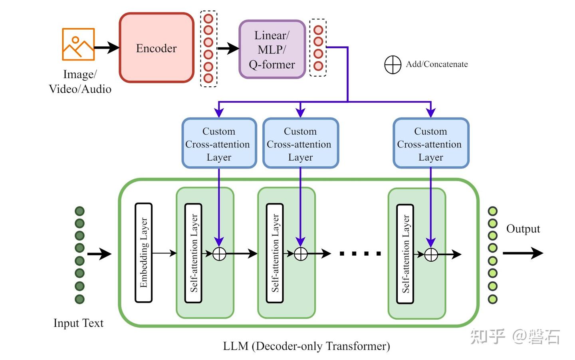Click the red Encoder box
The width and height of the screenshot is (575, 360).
(157, 48)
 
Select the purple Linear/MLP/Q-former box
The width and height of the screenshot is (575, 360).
(272, 50)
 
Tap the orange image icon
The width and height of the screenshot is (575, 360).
(78, 44)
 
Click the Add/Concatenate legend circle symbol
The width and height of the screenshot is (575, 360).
(393, 65)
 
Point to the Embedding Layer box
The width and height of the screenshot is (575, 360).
(144, 253)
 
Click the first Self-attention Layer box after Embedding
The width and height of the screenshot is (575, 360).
(193, 253)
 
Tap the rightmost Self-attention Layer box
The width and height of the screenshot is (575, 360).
(405, 254)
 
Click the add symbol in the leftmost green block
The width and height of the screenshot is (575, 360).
(219, 254)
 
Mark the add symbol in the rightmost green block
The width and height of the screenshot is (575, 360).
(431, 255)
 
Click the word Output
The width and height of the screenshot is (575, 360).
(523, 229)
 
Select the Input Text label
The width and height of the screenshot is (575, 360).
(78, 323)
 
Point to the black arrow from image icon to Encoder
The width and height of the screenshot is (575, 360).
(106, 48)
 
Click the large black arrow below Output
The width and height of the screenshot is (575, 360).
(522, 253)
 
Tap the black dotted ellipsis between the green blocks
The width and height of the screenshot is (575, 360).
(360, 253)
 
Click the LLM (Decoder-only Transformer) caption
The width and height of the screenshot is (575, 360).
(306, 346)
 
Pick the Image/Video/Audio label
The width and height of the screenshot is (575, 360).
(80, 82)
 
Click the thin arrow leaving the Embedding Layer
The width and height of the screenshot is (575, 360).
(164, 253)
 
